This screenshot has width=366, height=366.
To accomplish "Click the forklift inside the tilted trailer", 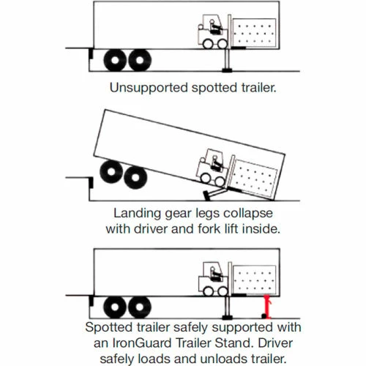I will [x=213, y=169].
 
